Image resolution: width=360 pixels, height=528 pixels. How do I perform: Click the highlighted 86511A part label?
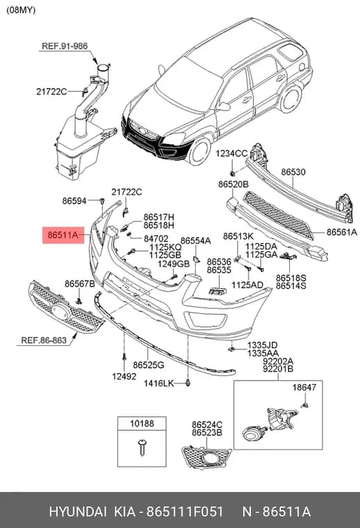point(63,235)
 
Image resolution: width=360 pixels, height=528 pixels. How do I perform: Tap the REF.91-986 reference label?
point(65,46)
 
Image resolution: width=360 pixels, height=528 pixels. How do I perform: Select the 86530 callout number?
point(293,172)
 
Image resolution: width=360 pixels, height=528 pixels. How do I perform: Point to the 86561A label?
point(341,232)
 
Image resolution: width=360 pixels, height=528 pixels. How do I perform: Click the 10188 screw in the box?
point(142,447)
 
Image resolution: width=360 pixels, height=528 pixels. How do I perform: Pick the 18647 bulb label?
point(304,387)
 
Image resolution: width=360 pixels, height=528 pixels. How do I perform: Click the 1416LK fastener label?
point(158,383)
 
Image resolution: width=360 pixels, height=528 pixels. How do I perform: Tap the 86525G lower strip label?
point(149,365)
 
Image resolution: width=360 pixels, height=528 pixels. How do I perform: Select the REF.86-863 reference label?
point(44,340)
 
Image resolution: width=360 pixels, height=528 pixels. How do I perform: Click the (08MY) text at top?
point(21,10)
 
